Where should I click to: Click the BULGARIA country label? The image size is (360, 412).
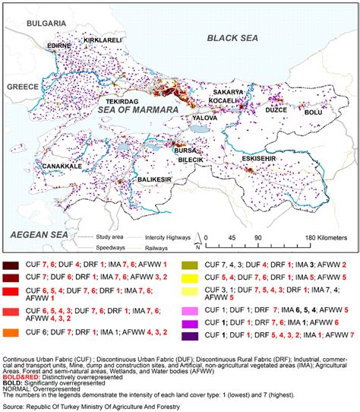pos(48,24)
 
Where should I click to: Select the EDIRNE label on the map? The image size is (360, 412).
pos(58,46)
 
